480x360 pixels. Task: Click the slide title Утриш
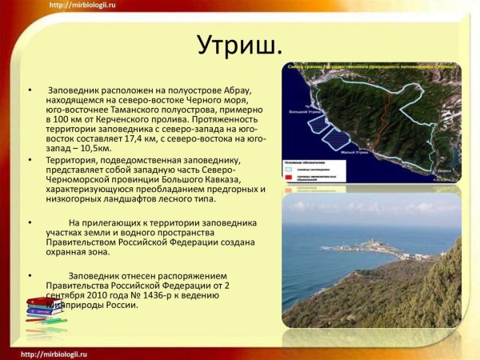pyautogui.click(x=239, y=46)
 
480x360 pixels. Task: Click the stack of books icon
pyautogui.click(x=46, y=314)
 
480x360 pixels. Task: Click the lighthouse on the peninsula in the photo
pyautogui.click(x=371, y=240)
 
